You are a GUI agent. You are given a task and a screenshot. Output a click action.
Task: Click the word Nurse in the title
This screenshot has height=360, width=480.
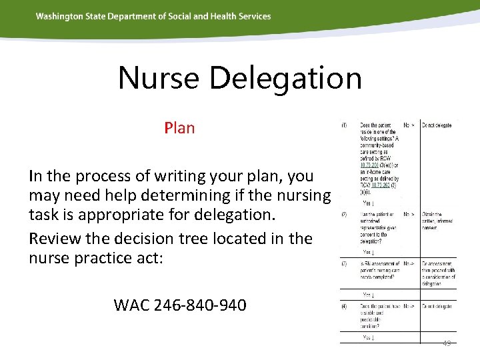pos(159,78)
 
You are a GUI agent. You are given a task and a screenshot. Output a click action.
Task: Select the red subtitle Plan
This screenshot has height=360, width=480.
pos(179,127)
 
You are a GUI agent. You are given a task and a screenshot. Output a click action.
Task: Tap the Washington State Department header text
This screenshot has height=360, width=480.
pos(153,16)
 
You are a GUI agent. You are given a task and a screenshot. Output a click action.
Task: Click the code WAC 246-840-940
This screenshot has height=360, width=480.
pos(180,305)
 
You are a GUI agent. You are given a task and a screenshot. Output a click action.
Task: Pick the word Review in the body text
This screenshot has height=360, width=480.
pos(55,238)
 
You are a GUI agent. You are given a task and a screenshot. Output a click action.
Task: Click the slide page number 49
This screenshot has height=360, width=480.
pos(446,343)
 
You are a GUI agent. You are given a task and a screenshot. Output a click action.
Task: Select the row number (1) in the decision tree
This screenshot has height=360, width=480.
pos(344,125)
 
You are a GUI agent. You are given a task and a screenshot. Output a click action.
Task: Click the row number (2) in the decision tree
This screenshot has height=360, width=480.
pos(344,215)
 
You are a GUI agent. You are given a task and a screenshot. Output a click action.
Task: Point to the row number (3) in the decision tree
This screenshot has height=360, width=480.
pos(344,263)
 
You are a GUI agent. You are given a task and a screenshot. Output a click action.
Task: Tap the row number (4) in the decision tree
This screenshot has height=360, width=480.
pos(344,307)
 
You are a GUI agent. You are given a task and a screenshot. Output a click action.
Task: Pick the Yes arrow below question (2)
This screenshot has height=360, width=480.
pos(368,252)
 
